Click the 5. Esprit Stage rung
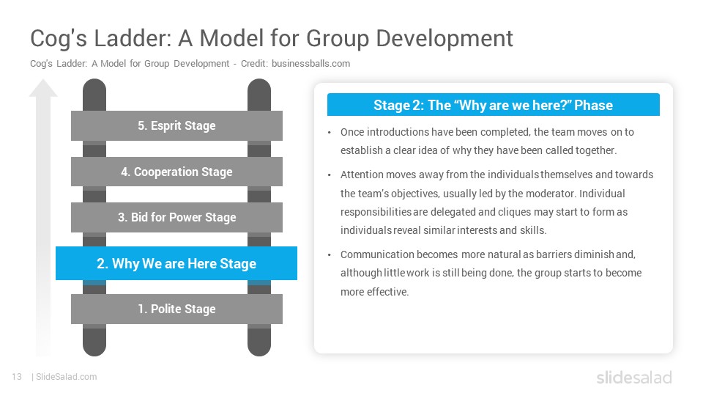176,125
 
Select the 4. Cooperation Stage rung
176,172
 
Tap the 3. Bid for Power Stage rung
176,217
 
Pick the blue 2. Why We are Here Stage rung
176,263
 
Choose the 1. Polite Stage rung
176,309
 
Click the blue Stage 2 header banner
493,105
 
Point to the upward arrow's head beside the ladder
43,88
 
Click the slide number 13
17,377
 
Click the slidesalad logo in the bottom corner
634,378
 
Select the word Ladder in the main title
133,38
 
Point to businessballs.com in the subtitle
310,64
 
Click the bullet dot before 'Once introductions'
329,133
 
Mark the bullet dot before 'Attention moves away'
329,175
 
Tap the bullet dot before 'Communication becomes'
329,255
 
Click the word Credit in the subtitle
254,64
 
